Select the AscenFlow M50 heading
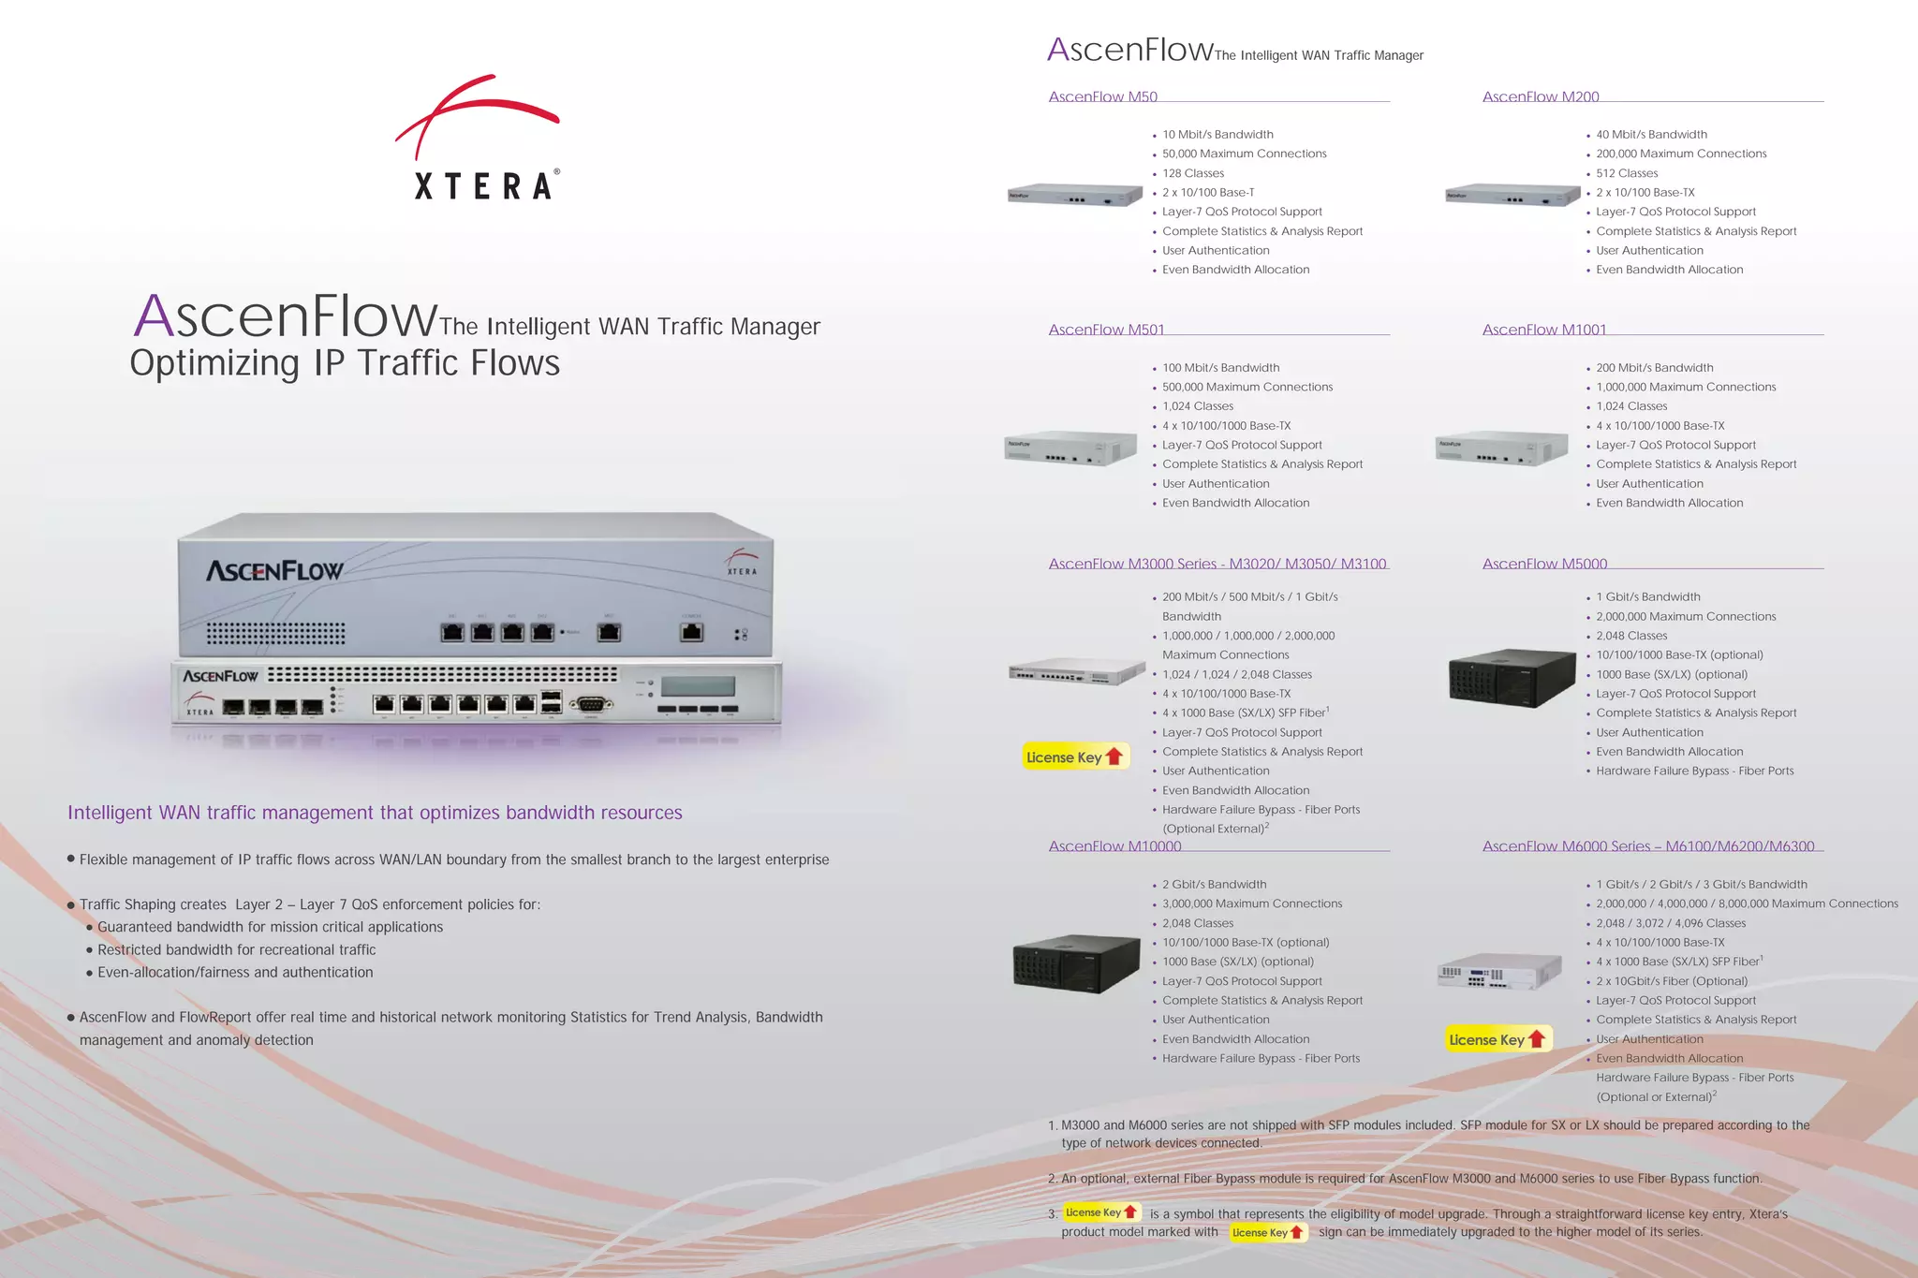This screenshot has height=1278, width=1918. pyautogui.click(x=1102, y=96)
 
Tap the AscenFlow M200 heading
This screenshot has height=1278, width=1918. pyautogui.click(x=1541, y=96)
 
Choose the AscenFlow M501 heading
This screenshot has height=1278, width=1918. pyautogui.click(x=1106, y=330)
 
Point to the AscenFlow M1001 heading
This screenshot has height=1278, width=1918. pyautogui.click(x=1544, y=330)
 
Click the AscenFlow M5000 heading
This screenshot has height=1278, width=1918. pyautogui.click(x=1544, y=564)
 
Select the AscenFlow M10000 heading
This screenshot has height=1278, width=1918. pyautogui.click(x=1114, y=846)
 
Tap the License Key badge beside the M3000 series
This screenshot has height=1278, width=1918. pyautogui.click(x=1074, y=757)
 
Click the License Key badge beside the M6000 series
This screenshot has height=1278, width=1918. pyautogui.click(x=1497, y=1039)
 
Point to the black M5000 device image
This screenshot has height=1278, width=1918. pyautogui.click(x=1511, y=678)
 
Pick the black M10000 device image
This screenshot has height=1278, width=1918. pyautogui.click(x=1076, y=963)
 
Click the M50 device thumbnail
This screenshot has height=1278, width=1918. pyautogui.click(x=1074, y=195)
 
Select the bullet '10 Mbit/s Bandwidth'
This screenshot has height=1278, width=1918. pyautogui.click(x=1217, y=135)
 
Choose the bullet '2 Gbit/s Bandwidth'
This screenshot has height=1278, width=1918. pyautogui.click(x=1214, y=885)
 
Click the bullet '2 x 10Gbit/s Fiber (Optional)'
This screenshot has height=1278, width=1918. pyautogui.click(x=1672, y=981)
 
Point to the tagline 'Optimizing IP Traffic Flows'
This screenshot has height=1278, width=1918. pyautogui.click(x=345, y=363)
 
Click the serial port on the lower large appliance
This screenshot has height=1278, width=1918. pyautogui.click(x=590, y=704)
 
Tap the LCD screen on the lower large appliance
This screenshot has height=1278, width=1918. pyautogui.click(x=698, y=685)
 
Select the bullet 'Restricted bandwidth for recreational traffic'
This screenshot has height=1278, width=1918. pyautogui.click(x=236, y=949)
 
